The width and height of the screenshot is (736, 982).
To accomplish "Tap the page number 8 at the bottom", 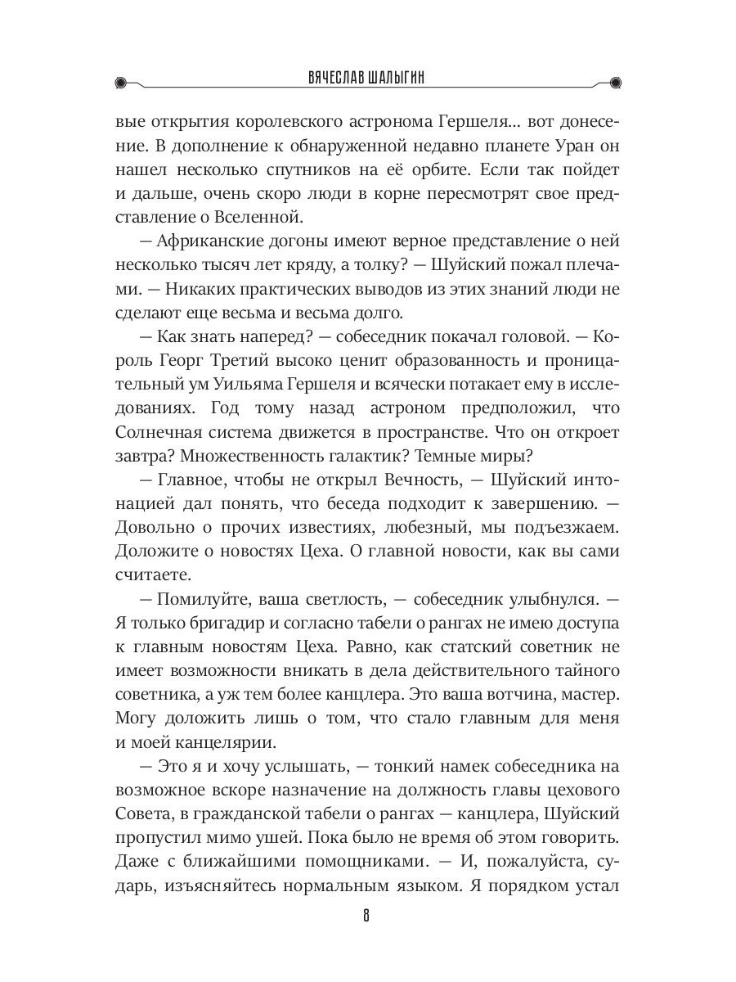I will tap(367, 914).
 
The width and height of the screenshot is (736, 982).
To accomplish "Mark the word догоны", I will tap(309, 242).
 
